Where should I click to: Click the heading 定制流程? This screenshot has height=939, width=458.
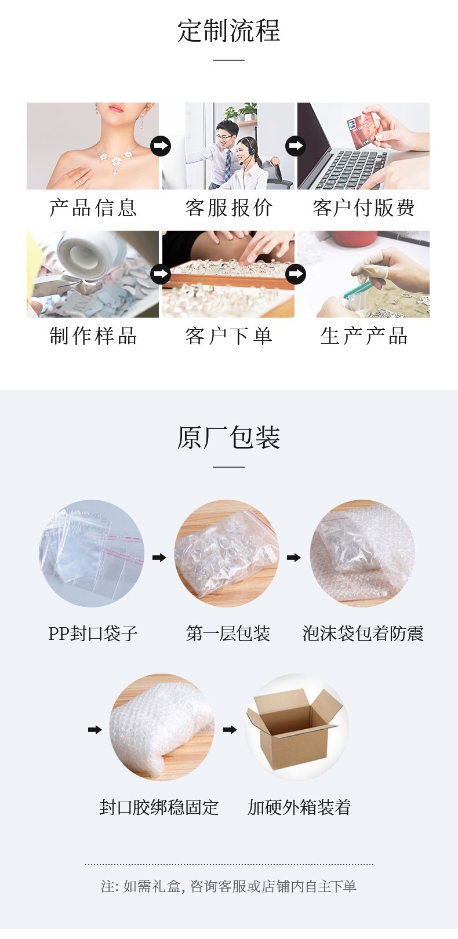click(228, 31)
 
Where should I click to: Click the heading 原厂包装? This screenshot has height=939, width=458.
click(228, 438)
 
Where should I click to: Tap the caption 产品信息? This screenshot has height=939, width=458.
click(93, 208)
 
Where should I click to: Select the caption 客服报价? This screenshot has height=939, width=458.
click(228, 208)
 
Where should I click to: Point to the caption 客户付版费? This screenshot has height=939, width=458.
click(364, 208)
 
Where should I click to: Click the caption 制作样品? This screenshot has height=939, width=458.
click(93, 336)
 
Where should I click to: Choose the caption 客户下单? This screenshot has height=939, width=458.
click(228, 336)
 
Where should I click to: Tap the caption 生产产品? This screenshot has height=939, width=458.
click(364, 336)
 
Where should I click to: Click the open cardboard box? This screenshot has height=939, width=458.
click(295, 727)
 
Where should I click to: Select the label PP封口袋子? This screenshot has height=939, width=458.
click(93, 634)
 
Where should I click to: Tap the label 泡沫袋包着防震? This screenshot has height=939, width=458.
click(363, 634)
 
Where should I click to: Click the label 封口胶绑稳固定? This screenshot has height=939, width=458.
click(159, 807)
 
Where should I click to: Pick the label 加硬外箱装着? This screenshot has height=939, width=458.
click(299, 807)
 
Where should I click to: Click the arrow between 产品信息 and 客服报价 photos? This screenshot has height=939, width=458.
click(161, 146)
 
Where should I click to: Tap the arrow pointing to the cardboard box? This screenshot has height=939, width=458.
click(230, 730)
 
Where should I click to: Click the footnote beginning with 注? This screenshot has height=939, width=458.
click(228, 886)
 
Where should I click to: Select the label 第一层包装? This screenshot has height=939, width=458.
click(228, 634)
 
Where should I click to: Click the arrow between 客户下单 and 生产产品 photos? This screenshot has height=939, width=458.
click(296, 273)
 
